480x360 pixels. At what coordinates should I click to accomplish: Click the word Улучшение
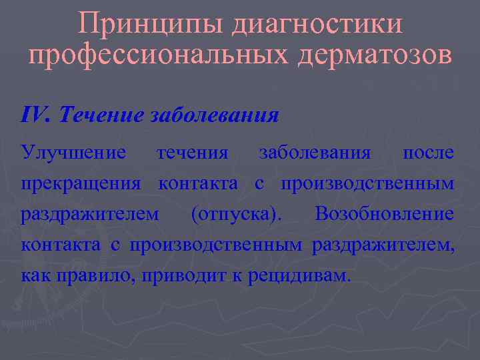tap(73, 153)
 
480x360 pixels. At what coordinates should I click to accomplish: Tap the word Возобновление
tap(385, 214)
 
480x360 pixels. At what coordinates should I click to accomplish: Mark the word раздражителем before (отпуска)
tap(89, 214)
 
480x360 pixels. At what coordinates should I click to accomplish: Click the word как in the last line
tap(33, 275)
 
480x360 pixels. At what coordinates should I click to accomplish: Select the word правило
tap(93, 275)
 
